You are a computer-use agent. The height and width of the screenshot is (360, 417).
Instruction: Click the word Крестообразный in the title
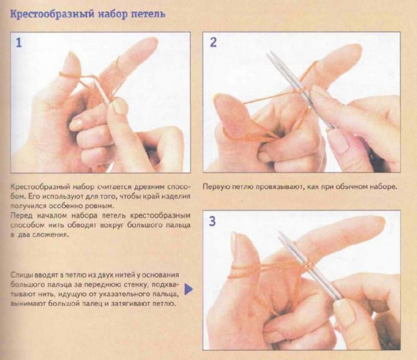(x=52, y=14)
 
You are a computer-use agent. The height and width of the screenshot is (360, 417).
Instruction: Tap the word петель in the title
(x=149, y=14)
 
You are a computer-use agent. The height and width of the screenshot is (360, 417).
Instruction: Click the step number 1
(x=19, y=43)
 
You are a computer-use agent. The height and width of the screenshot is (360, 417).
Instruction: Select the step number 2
(x=213, y=42)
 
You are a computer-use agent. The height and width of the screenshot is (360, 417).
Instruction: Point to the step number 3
(x=212, y=221)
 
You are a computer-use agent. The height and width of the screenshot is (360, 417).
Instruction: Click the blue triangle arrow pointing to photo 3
(x=189, y=289)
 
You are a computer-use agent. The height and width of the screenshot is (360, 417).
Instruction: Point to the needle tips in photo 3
(x=280, y=233)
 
